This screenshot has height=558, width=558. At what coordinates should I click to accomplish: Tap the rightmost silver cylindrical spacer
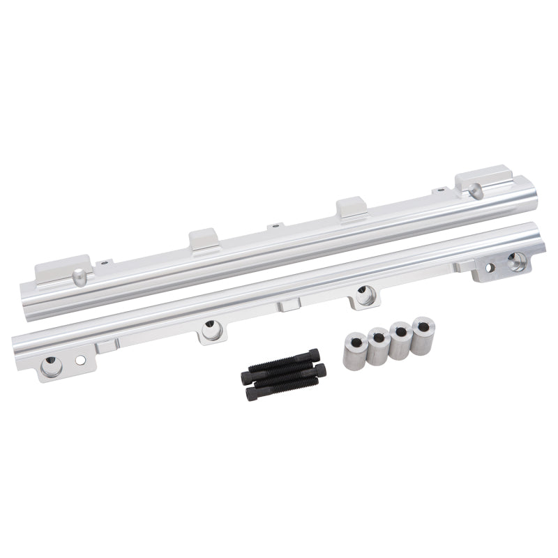[422, 335]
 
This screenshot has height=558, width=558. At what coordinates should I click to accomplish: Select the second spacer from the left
[377, 345]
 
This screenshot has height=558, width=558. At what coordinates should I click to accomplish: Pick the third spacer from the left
[400, 340]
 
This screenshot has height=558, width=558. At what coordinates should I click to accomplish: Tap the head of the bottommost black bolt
[250, 394]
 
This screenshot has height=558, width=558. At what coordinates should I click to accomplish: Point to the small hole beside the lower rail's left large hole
[81, 360]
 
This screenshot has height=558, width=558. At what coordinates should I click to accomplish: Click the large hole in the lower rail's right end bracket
[516, 262]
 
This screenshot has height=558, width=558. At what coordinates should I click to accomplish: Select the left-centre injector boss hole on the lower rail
[210, 326]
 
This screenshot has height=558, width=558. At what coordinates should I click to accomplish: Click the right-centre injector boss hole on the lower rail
[363, 292]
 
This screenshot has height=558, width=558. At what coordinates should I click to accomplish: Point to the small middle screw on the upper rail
[277, 225]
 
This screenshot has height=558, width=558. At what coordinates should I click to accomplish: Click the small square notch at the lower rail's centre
[287, 304]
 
